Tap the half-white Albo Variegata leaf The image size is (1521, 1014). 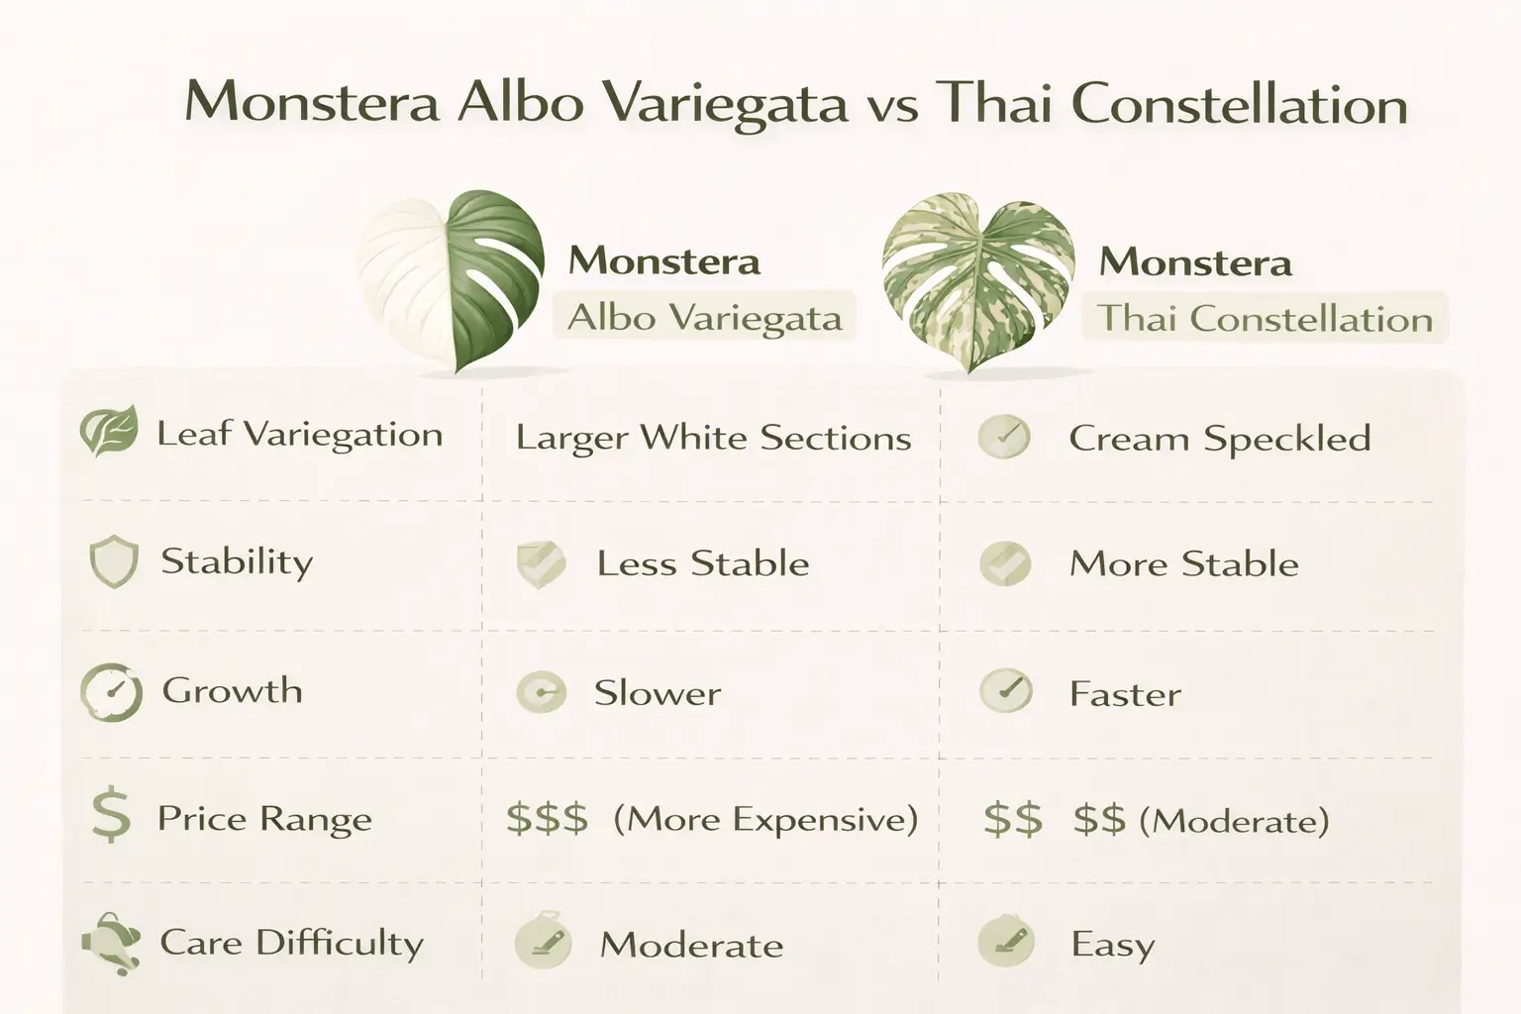coord(451,280)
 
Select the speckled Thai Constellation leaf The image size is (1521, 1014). coord(978,282)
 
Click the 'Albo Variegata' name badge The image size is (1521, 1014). coord(704,317)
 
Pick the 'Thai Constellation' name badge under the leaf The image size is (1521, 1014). coord(1265,319)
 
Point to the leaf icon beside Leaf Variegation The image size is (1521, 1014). coord(109,432)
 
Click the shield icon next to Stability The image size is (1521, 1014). coord(114,561)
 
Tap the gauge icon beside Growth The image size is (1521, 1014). coord(111,692)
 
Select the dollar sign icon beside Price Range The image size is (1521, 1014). coord(111,815)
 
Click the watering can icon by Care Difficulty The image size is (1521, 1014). coord(111,944)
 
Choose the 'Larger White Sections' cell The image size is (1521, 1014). coord(713,438)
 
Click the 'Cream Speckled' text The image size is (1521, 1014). coord(1220,439)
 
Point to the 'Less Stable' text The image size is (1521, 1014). coord(703,563)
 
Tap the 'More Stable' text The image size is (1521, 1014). coord(1183,563)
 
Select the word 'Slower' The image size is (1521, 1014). coord(658,693)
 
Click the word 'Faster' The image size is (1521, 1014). coord(1125,694)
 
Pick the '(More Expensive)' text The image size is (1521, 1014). coord(765,819)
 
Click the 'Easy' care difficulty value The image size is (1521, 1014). coord(1112,945)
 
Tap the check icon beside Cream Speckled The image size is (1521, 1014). coord(1004,438)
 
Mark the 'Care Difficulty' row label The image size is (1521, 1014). coord(291,944)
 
